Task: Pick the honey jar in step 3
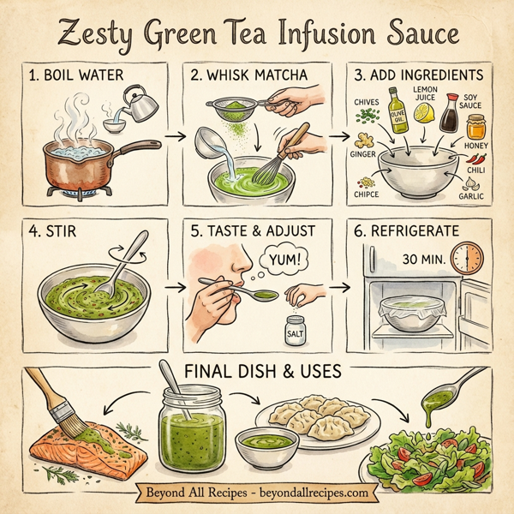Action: coord(476,128)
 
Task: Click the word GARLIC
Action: coord(471,196)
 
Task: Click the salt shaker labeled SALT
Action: coord(295,329)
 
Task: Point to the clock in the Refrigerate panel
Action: coord(468,257)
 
